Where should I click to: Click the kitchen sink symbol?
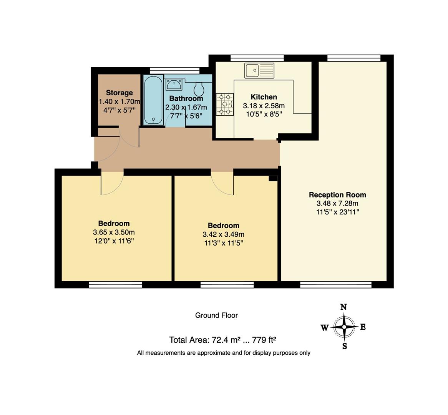click(x=259, y=71)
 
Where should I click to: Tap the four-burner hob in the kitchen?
click(x=225, y=105)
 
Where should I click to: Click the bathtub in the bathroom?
click(x=153, y=100)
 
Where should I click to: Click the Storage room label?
click(x=119, y=93)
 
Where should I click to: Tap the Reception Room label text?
click(x=337, y=195)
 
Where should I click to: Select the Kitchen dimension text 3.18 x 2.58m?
click(x=264, y=106)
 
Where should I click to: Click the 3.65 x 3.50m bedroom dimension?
click(x=114, y=232)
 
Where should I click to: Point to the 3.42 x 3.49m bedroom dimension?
click(x=223, y=234)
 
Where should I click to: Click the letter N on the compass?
click(x=344, y=307)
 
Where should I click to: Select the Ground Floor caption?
click(x=216, y=315)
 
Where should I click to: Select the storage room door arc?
click(x=129, y=136)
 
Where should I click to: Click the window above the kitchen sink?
click(x=257, y=58)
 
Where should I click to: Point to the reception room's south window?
click(x=335, y=285)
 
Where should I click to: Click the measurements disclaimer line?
click(x=224, y=353)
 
